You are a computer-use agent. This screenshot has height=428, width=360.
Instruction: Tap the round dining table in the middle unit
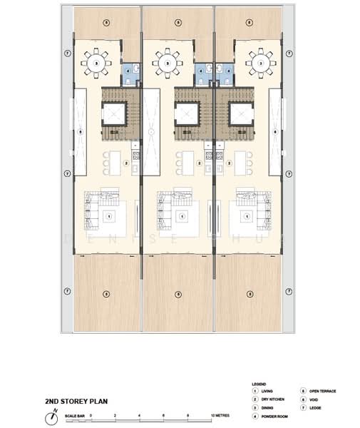(x=168, y=62)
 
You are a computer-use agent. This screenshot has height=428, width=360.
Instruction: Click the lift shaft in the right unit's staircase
(x=240, y=113)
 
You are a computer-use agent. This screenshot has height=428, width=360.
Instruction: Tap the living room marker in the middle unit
(x=178, y=215)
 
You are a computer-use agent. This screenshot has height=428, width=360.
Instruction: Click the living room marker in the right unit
(x=250, y=215)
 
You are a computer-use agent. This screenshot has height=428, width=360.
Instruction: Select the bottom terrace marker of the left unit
(x=106, y=294)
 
